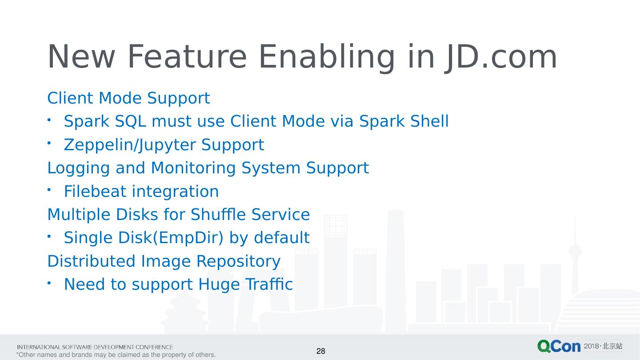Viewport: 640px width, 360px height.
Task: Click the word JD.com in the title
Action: pyautogui.click(x=501, y=57)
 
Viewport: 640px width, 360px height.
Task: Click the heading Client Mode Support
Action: pyautogui.click(x=128, y=98)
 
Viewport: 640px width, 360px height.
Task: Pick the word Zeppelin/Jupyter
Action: pyautogui.click(x=129, y=145)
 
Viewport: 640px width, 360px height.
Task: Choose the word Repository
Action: pyautogui.click(x=239, y=261)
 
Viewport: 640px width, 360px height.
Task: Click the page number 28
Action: pyautogui.click(x=320, y=352)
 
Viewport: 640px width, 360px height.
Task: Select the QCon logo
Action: pyautogui.click(x=559, y=346)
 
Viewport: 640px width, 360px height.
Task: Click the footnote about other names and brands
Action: pyautogui.click(x=116, y=355)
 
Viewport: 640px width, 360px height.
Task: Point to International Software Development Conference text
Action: pyautogui.click(x=95, y=347)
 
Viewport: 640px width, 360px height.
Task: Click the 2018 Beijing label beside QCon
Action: pyautogui.click(x=603, y=346)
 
